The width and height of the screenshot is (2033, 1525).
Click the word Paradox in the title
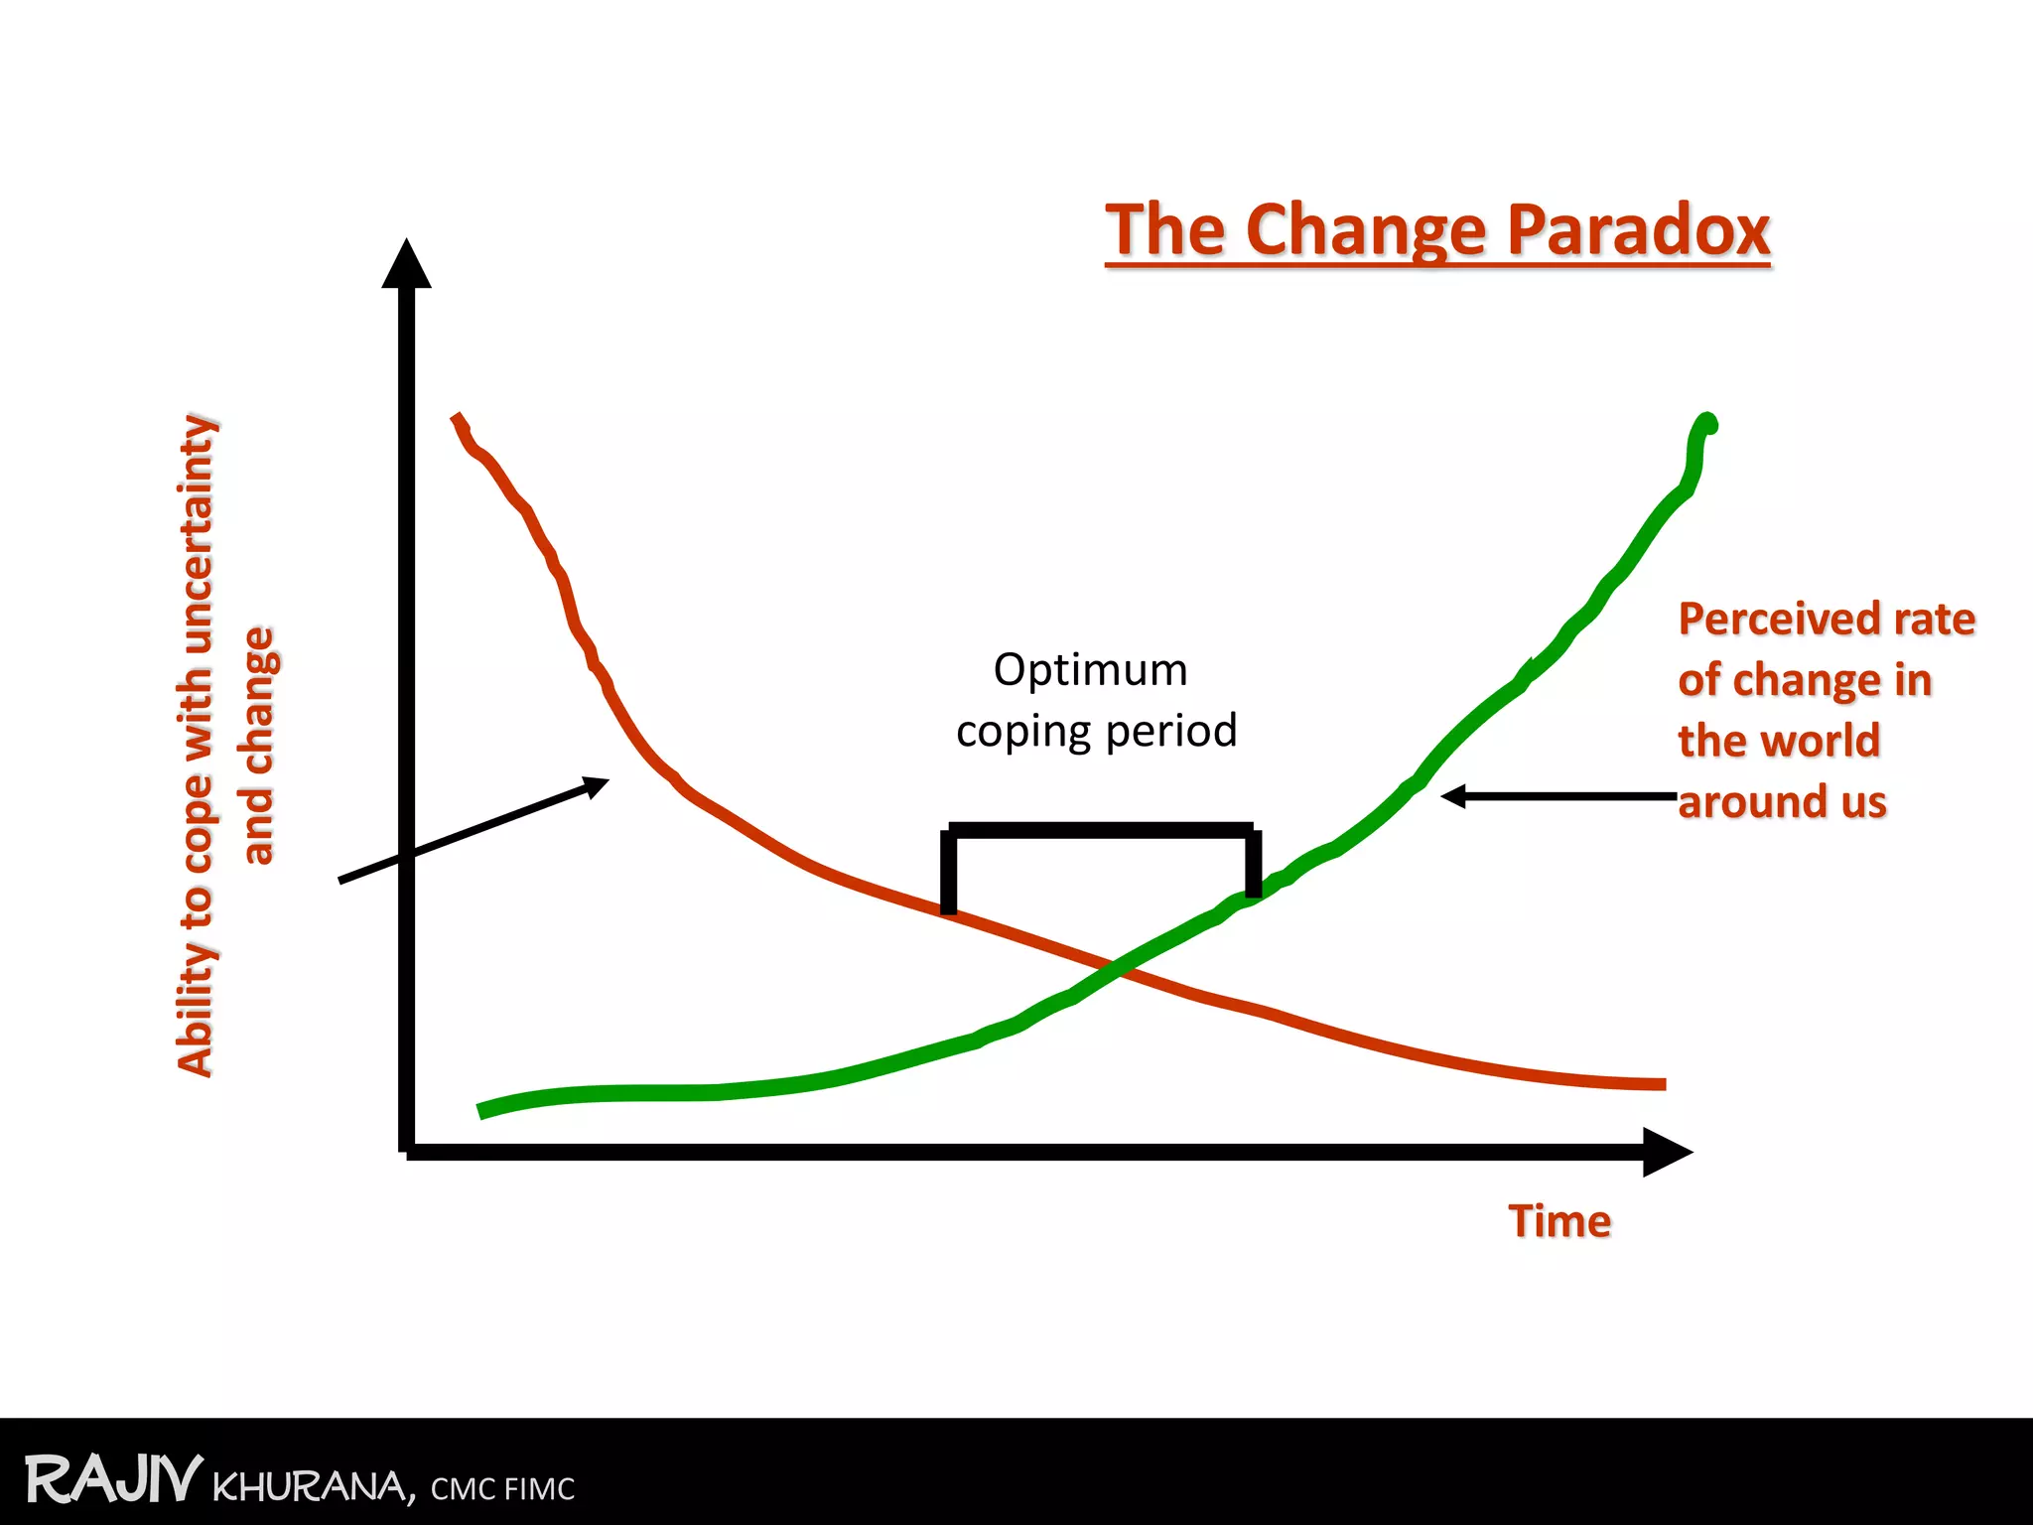click(x=1638, y=230)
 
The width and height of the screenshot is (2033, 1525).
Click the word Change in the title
click(x=1366, y=230)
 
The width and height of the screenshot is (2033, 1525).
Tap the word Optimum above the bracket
click(x=1090, y=670)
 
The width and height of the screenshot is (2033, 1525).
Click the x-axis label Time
click(x=1559, y=1221)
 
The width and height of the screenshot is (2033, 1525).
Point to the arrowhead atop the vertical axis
click(x=406, y=263)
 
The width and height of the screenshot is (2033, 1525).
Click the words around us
click(x=1782, y=802)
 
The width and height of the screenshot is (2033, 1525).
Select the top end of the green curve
click(x=1707, y=424)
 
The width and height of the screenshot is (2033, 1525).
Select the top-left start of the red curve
click(x=458, y=419)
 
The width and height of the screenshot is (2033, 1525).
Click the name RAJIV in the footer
click(x=113, y=1480)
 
